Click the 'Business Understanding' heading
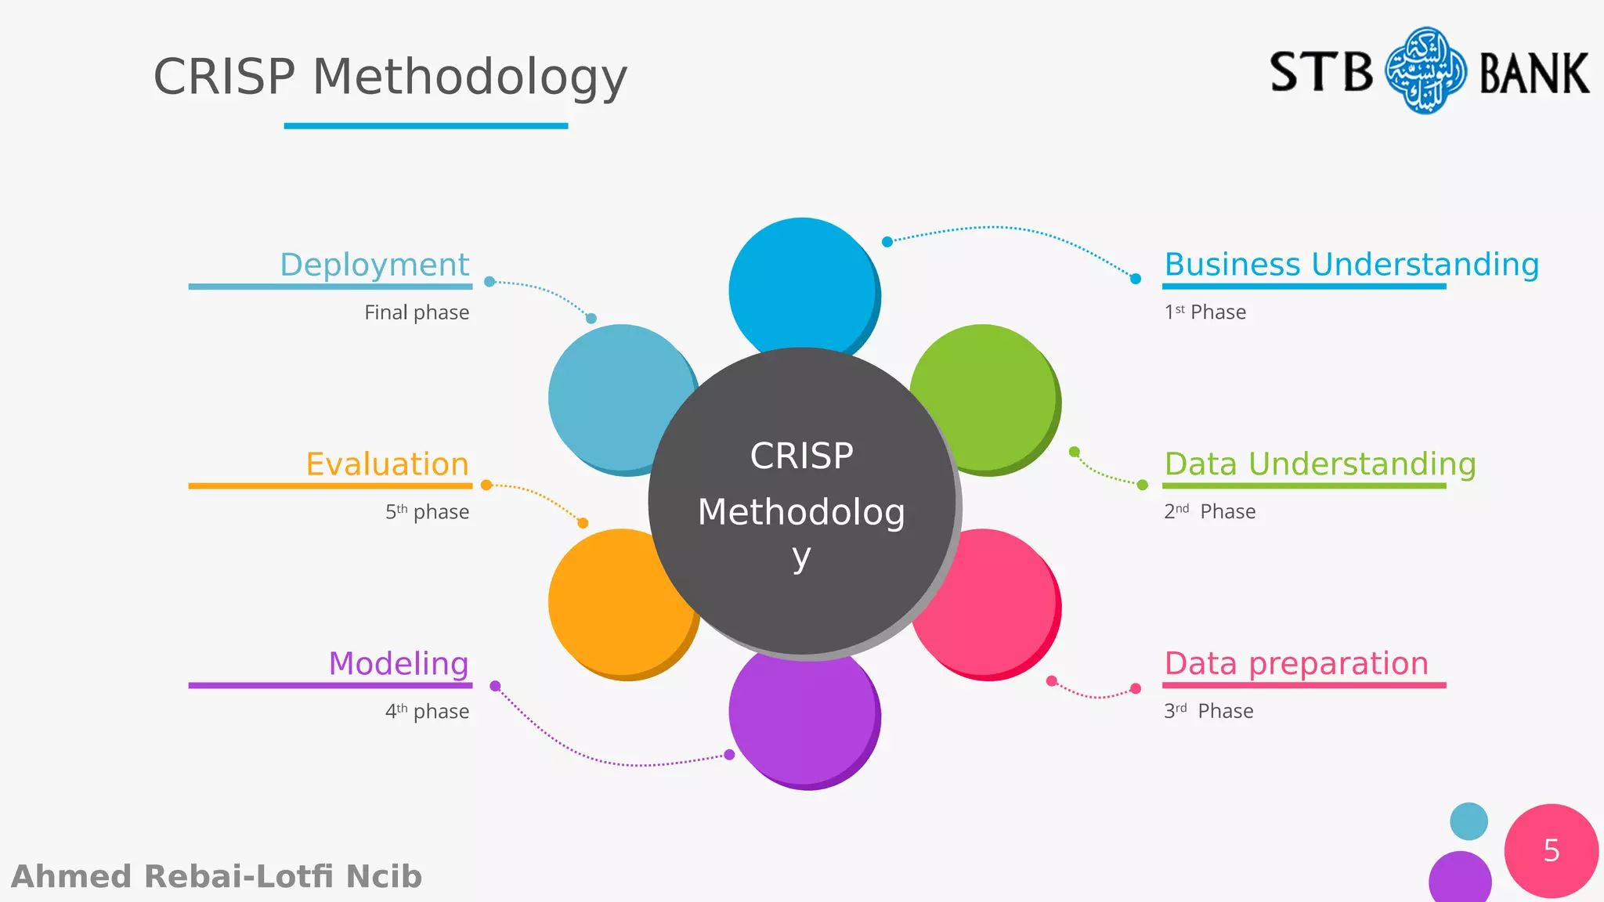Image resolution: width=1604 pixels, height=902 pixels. pos(1351,265)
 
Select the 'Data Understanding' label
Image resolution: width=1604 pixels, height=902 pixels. pos(1320,464)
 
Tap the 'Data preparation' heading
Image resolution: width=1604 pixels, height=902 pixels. pos(1296,664)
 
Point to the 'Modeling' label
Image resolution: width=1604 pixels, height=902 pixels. pos(399,664)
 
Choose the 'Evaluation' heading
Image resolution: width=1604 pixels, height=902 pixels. pos(388,464)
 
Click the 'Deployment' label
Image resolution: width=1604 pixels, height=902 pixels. pos(374,265)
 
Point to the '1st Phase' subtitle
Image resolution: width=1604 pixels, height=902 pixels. pos(1205,312)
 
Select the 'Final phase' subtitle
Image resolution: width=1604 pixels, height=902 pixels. pos(417,312)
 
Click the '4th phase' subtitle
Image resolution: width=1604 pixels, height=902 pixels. pos(427,711)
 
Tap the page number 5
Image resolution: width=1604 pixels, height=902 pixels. pos(1552,851)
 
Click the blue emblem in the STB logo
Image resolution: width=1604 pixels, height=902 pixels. pos(1425,71)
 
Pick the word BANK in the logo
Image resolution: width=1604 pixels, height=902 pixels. pos(1534,74)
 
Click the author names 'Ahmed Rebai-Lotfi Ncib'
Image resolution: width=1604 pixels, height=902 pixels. pos(217,877)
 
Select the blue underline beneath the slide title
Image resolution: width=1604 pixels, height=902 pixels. pos(425,125)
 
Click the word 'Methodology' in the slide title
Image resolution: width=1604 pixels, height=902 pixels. pos(470,78)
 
